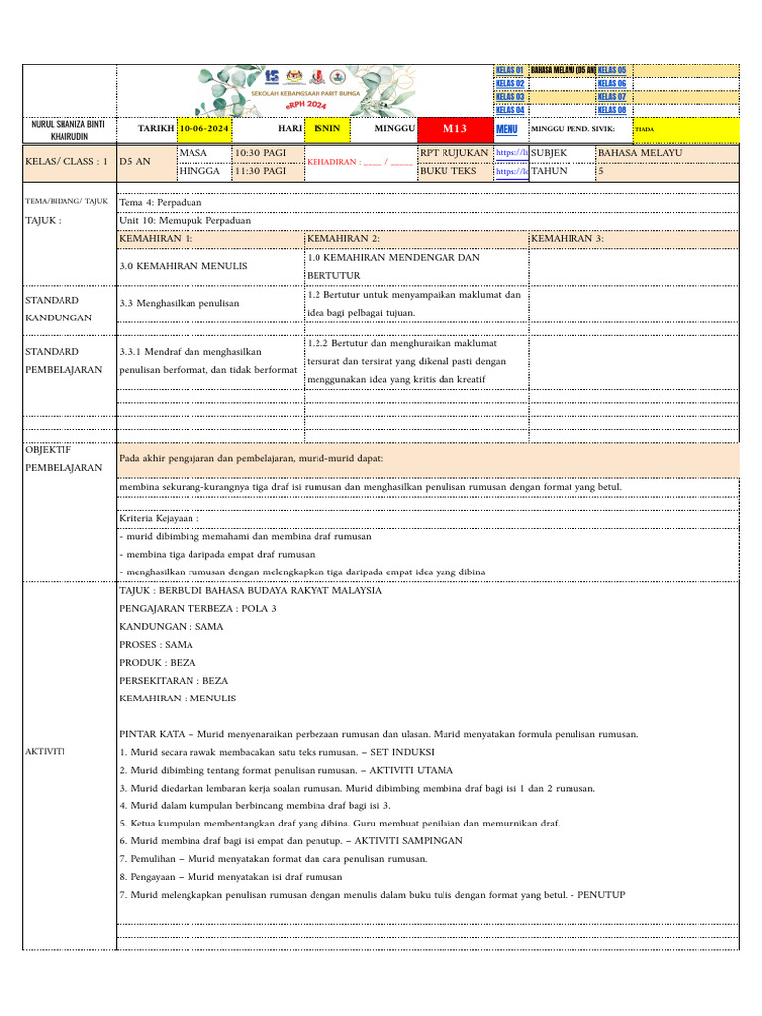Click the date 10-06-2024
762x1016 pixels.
click(204, 129)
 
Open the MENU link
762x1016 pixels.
click(507, 129)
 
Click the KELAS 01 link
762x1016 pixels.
click(509, 70)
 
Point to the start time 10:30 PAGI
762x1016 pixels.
click(260, 153)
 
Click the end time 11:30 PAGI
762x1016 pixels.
click(260, 171)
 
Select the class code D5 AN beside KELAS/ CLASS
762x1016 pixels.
click(135, 161)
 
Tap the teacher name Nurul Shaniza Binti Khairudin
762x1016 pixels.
click(68, 129)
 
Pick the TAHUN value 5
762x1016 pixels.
click(601, 171)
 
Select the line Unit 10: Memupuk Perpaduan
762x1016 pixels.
click(185, 220)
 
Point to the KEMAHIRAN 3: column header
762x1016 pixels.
click(568, 239)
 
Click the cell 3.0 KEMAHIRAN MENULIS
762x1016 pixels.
click(184, 266)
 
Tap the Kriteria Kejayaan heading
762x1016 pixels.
click(159, 518)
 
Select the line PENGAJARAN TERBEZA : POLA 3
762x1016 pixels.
click(197, 608)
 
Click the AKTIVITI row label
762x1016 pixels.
click(46, 751)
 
